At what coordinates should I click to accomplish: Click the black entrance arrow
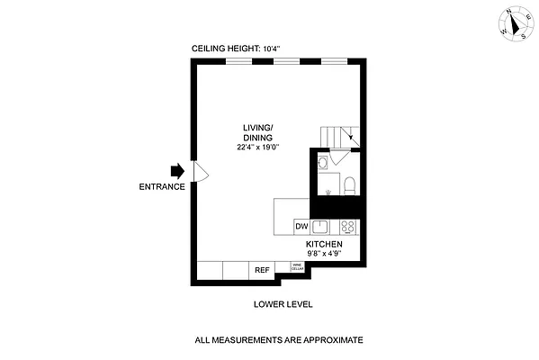pyautogui.click(x=176, y=170)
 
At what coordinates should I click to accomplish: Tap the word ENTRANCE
pyautogui.click(x=162, y=187)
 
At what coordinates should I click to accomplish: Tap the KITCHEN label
pyautogui.click(x=324, y=244)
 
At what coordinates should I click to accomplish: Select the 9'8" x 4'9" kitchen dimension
pyautogui.click(x=324, y=254)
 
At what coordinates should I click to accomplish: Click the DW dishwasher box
pyautogui.click(x=301, y=226)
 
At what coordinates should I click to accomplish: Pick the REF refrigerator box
pyautogui.click(x=262, y=269)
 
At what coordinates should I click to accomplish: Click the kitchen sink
pyautogui.click(x=321, y=226)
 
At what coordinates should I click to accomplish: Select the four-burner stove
pyautogui.click(x=349, y=226)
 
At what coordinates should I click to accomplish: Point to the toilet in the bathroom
pyautogui.click(x=350, y=187)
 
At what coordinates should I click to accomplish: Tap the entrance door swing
pyautogui.click(x=201, y=170)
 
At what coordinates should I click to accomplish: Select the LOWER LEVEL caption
pyautogui.click(x=283, y=304)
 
